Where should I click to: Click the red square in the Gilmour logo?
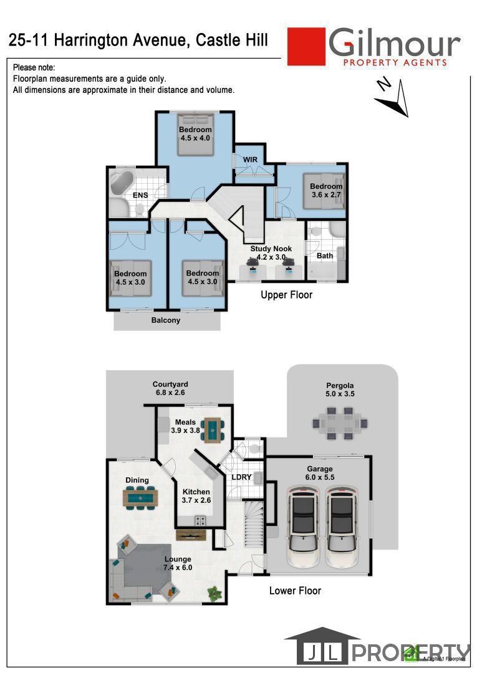[306, 46]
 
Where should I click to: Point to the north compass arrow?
[393, 97]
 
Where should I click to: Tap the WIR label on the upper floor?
[250, 160]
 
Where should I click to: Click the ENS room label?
[140, 195]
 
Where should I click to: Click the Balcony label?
[166, 320]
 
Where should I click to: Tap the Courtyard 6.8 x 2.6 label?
[170, 389]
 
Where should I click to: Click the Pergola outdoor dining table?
[340, 423]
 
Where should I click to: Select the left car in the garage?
[303, 523]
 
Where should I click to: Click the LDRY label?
[241, 477]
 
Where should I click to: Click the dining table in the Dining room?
[140, 497]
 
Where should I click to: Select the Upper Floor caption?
[286, 295]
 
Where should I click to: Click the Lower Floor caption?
[295, 590]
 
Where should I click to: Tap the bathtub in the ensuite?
[122, 183]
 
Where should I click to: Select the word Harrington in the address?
[118, 41]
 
